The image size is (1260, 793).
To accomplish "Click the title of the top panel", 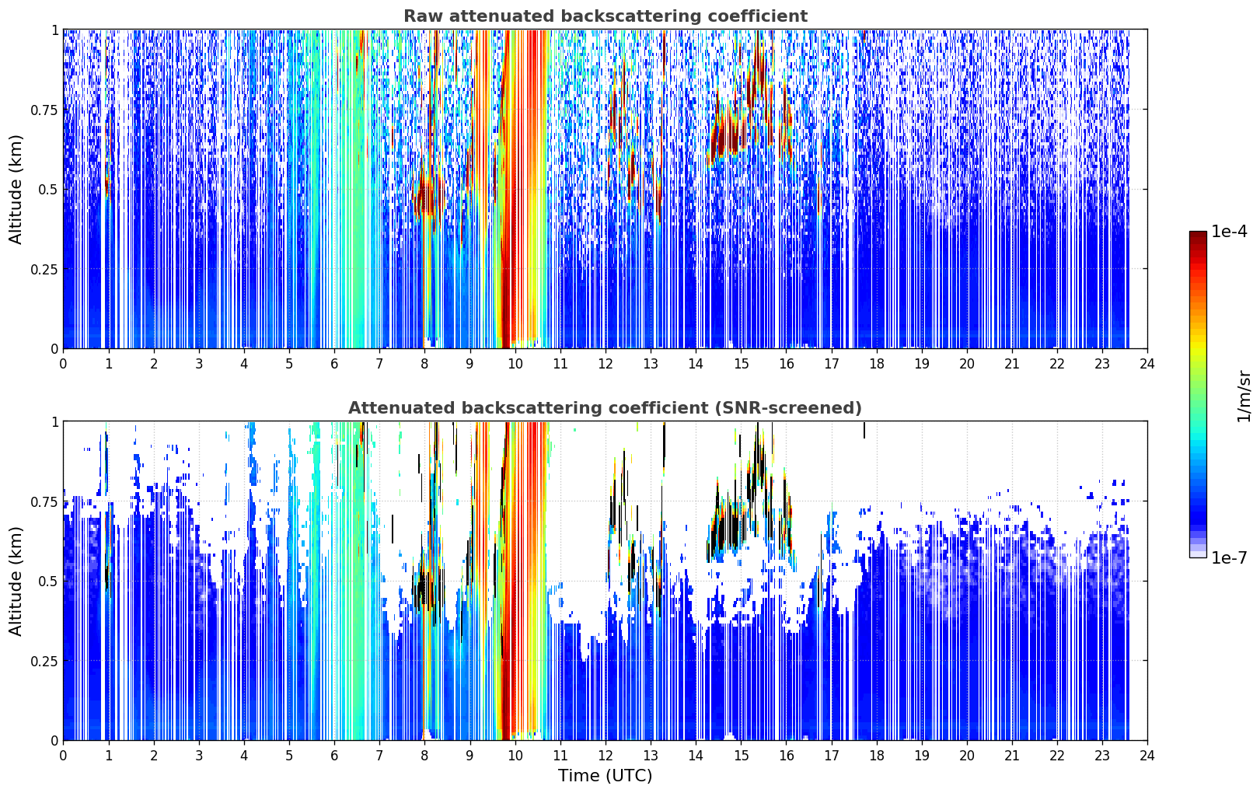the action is pos(606,16).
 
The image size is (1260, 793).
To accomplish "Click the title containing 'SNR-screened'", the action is pos(606,407).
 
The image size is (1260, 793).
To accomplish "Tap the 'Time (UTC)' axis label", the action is pos(606,776).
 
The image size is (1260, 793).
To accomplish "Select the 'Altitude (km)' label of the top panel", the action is pos(16,190).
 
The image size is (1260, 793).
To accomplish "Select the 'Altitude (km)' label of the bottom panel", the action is pos(16,581).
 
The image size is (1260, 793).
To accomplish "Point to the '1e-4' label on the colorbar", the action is pos(1229,231).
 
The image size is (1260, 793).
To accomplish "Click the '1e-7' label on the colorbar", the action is pos(1229,558).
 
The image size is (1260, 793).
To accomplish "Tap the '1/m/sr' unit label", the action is pos(1244,396).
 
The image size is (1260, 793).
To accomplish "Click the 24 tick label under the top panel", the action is pos(1147,364).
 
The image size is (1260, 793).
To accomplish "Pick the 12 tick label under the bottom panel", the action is pos(606,756).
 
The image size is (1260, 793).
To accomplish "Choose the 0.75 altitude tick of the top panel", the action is pos(44,110).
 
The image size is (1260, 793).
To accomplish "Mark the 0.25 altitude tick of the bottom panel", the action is pos(44,661).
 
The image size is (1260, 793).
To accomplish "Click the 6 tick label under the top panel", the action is pos(334,364).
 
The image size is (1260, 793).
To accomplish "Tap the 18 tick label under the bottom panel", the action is pos(876,756).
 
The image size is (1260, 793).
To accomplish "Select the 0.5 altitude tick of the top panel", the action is pos(48,190).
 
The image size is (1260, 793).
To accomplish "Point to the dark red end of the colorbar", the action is pos(1198,235).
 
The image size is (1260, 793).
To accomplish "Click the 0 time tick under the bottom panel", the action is pos(63,756).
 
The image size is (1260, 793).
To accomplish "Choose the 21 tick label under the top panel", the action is pos(1012,364).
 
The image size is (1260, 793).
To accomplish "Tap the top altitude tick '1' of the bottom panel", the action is pos(55,422).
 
